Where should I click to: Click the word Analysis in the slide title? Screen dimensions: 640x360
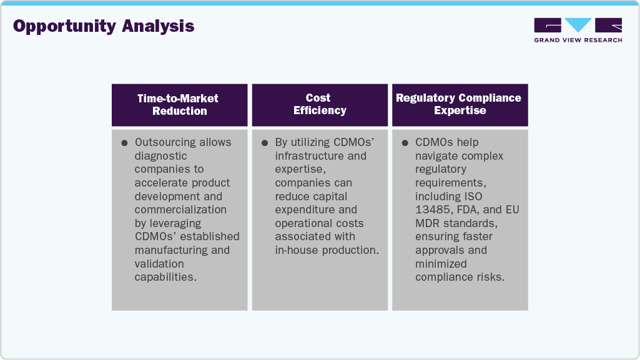[158, 27]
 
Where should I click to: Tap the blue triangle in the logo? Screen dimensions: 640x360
[578, 24]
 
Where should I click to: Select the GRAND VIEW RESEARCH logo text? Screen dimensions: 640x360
[578, 40]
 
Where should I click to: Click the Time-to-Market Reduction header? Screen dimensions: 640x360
[180, 105]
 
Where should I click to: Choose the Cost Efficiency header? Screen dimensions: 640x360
[320, 104]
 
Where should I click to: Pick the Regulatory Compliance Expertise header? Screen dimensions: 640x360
[460, 104]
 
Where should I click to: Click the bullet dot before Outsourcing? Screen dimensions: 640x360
[124, 143]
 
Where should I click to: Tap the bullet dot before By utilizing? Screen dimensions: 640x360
[265, 143]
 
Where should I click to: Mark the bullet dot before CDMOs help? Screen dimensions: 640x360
[405, 143]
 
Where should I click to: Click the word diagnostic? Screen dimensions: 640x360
[160, 156]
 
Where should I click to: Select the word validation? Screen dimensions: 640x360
[159, 263]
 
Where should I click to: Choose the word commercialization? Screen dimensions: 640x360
[180, 210]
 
